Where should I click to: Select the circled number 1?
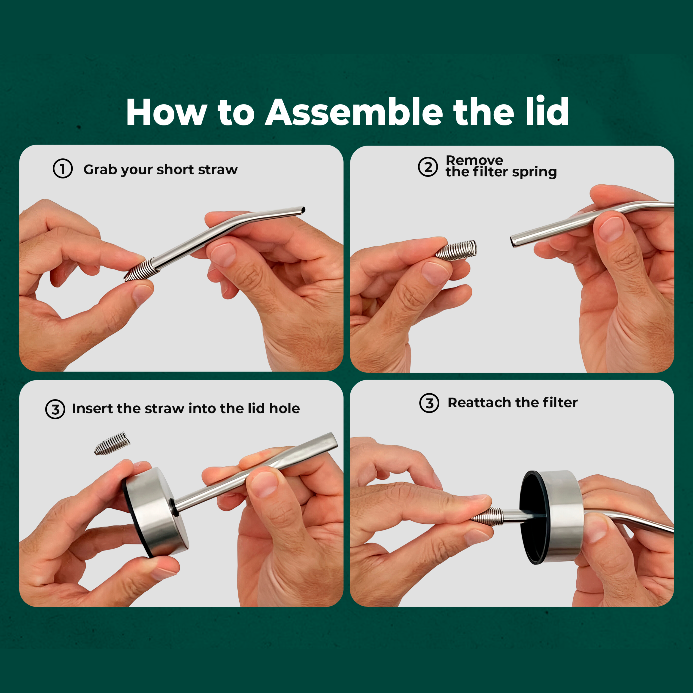[x=63, y=169]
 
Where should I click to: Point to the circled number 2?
[x=428, y=167]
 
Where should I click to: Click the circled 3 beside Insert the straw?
[x=55, y=409]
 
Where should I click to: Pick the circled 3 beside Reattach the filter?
[x=429, y=403]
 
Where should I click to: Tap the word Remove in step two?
[x=474, y=160]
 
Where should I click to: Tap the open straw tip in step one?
[x=303, y=210]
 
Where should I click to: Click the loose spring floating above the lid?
[x=112, y=443]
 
